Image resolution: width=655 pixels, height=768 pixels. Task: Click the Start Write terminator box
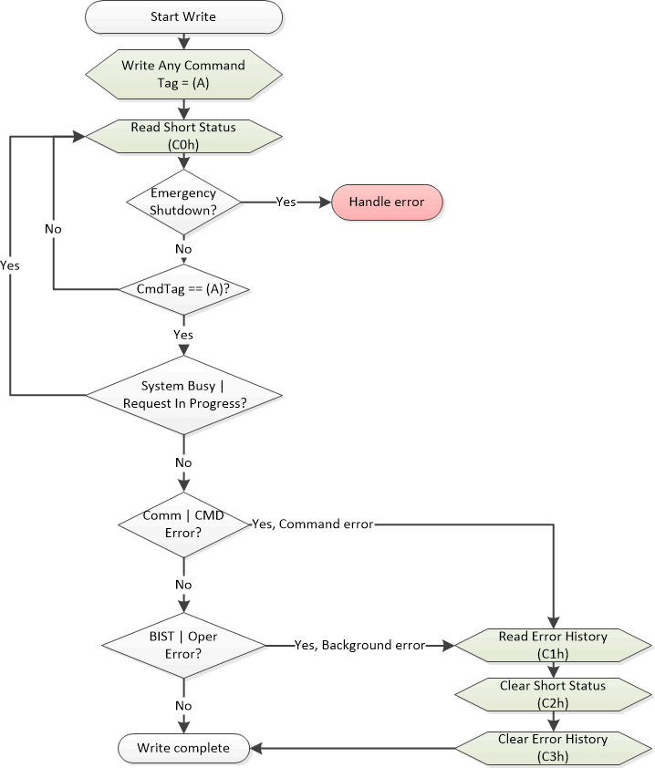pyautogui.click(x=183, y=16)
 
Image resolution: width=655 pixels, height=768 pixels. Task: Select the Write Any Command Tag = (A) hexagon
pyautogui.click(x=183, y=72)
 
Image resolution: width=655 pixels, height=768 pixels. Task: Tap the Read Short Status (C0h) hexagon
pyautogui.click(x=183, y=135)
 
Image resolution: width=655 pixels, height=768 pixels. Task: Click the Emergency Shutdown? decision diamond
pyautogui.click(x=183, y=201)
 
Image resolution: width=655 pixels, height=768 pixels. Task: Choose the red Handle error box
pyautogui.click(x=387, y=201)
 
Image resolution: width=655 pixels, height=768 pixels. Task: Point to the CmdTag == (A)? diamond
pyautogui.click(x=183, y=289)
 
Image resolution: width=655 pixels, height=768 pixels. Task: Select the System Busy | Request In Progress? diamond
pyautogui.click(x=183, y=394)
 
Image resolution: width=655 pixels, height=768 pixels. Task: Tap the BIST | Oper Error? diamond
pyautogui.click(x=183, y=645)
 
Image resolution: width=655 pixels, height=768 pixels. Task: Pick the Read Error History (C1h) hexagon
pyautogui.click(x=553, y=644)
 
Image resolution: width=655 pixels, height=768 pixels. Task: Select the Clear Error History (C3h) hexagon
pyautogui.click(x=553, y=747)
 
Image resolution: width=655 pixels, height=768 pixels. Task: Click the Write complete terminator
pyautogui.click(x=183, y=748)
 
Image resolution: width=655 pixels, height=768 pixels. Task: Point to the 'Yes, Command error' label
pyautogui.click(x=312, y=524)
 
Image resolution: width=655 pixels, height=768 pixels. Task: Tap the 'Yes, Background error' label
pyautogui.click(x=359, y=645)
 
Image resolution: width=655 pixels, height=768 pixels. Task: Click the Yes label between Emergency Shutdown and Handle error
pyautogui.click(x=286, y=202)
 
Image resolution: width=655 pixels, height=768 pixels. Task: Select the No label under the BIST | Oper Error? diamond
pyautogui.click(x=183, y=705)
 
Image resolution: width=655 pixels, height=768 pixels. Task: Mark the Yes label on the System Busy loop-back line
pyautogui.click(x=11, y=265)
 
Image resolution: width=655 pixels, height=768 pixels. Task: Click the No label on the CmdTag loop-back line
pyautogui.click(x=53, y=228)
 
